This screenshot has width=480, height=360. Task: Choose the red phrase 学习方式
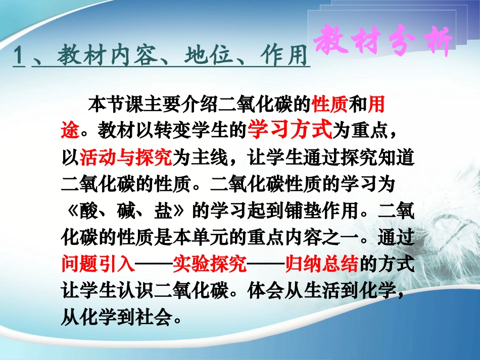click(289, 130)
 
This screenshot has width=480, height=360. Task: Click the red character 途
click(70, 131)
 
